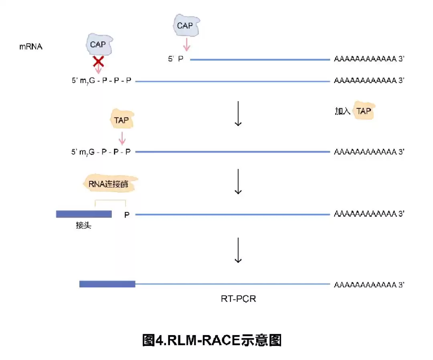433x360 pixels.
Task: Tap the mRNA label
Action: tap(31, 47)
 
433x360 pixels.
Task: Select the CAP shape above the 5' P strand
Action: tap(185, 26)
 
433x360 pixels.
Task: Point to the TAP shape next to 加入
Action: tap(364, 111)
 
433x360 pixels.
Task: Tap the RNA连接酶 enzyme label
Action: tap(110, 184)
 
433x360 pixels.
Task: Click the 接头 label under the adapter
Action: tap(83, 225)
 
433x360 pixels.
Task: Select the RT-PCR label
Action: tap(238, 299)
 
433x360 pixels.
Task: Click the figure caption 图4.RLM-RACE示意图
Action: tap(212, 340)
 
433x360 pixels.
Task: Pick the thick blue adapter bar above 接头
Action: tap(83, 214)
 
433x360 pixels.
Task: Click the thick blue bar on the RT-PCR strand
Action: tap(107, 284)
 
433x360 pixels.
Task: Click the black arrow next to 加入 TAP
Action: tap(238, 114)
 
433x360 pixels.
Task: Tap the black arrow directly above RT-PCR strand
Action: tap(238, 250)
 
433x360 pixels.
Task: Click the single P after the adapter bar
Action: tap(127, 215)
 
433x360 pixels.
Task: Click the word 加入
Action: tap(342, 111)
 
